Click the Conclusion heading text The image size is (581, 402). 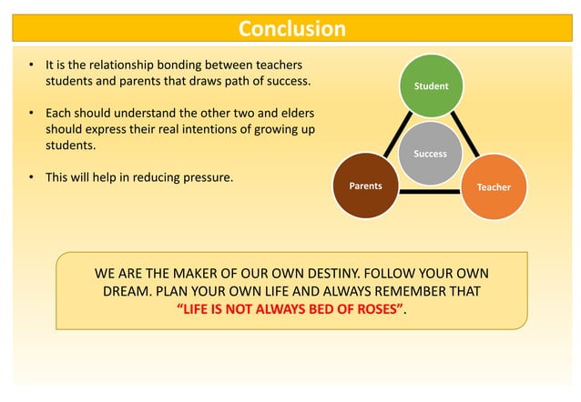[x=291, y=29]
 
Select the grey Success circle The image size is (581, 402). [x=430, y=153]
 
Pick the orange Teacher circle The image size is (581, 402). [x=494, y=186]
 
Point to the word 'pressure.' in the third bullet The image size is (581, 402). [x=205, y=176]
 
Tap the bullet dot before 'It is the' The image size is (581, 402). [x=31, y=66]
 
